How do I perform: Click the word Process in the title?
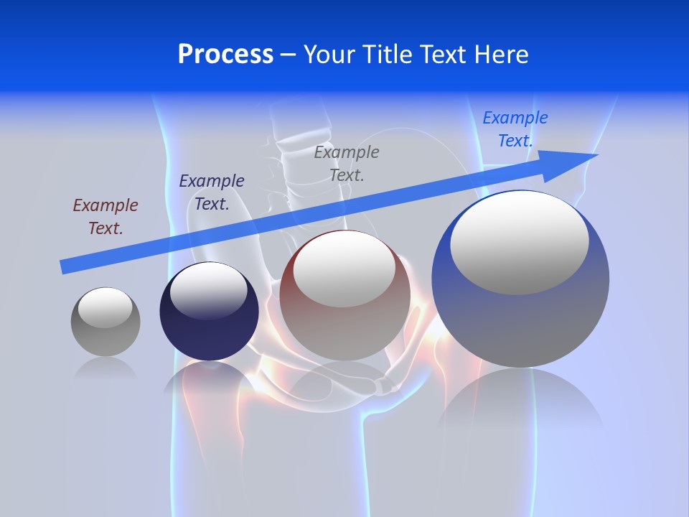pos(225,55)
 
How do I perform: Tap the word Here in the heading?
pos(498,55)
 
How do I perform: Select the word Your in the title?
pos(327,55)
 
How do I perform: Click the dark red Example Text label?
pos(106,217)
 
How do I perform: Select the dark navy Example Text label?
pos(212,192)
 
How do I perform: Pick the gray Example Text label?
pos(347,163)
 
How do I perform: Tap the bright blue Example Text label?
pos(515,129)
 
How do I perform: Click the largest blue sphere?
pos(520,323)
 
